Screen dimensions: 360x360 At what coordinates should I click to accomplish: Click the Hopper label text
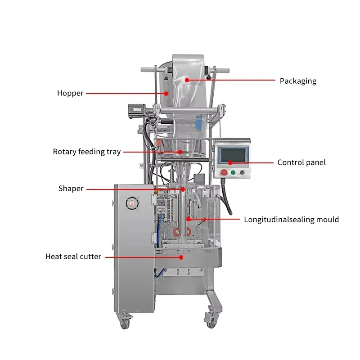(x=70, y=93)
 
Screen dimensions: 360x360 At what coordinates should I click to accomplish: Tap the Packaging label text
(x=298, y=81)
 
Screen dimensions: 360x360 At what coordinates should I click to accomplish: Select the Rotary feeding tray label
(x=87, y=152)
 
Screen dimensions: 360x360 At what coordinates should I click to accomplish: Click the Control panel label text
(x=301, y=162)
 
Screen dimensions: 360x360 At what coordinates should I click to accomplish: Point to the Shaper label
(x=71, y=189)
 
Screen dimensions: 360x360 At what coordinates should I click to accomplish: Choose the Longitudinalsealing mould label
(x=291, y=220)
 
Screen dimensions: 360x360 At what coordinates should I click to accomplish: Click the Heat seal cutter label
(x=73, y=256)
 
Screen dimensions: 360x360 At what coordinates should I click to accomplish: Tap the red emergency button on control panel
(x=224, y=172)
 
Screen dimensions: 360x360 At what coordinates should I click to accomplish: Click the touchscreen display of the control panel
(x=233, y=155)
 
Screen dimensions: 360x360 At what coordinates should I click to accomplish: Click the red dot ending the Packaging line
(x=187, y=80)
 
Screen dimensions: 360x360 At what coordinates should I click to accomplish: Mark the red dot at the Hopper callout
(x=166, y=94)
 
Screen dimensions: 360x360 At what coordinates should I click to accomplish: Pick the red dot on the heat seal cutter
(x=181, y=257)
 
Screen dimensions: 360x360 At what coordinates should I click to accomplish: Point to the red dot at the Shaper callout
(x=183, y=189)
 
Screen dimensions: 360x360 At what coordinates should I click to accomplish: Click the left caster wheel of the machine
(x=125, y=323)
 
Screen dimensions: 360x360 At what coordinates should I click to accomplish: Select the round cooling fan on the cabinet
(x=132, y=203)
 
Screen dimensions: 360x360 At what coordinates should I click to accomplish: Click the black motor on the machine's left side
(x=137, y=111)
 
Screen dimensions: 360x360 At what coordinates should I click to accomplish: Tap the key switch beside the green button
(x=242, y=172)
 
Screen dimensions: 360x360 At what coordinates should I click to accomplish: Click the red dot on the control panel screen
(x=230, y=163)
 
